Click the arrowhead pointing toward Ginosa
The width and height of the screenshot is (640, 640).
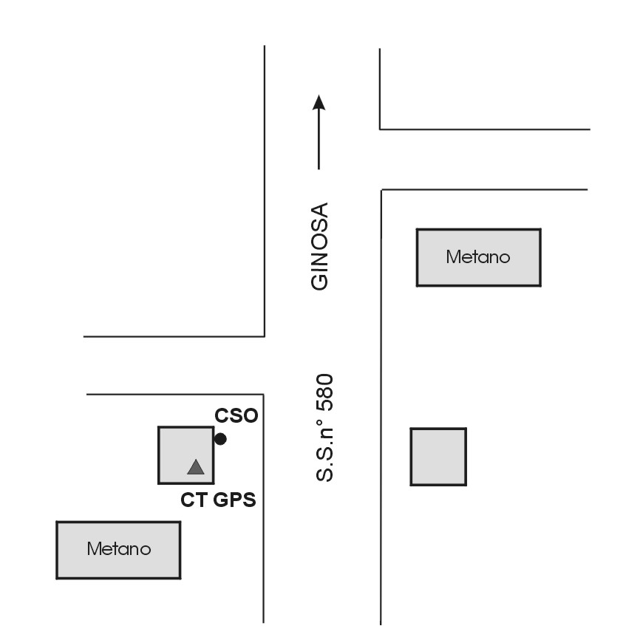[319, 102]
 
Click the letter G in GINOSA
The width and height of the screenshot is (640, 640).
[319, 282]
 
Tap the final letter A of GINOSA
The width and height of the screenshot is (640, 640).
[319, 210]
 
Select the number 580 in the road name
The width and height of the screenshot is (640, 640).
[325, 392]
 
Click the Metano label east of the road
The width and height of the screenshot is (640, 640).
[478, 257]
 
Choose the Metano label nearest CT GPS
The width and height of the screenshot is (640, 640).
[118, 549]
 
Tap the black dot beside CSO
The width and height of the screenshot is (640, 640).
[220, 439]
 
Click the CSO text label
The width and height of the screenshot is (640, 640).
[236, 416]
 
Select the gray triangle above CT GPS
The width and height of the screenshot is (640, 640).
[195, 467]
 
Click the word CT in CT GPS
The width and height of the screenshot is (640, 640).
[194, 500]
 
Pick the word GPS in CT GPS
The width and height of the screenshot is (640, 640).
[234, 500]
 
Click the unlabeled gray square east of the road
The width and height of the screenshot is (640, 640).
[438, 457]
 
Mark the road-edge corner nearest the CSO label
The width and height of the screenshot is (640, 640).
[264, 395]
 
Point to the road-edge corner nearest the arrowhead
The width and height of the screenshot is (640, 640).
[380, 129]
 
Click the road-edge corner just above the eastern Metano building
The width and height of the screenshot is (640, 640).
[381, 191]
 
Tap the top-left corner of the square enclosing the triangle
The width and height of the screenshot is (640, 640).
[160, 428]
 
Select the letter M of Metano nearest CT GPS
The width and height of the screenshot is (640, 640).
[93, 549]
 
